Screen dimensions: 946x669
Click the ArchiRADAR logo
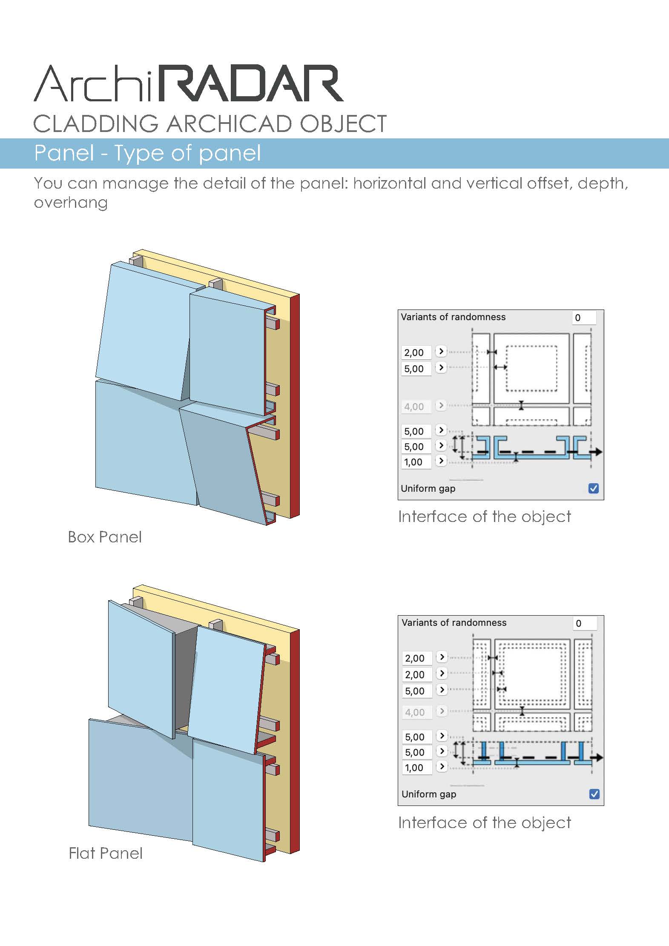188,84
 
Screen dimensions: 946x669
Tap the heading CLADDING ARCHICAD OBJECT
210,124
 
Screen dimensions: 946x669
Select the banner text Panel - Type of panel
147,153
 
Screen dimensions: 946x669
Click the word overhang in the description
71,203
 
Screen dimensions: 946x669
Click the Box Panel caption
105,537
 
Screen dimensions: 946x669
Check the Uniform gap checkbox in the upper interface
594,488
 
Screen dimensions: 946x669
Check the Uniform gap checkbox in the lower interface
594,794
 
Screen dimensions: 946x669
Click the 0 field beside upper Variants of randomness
583,318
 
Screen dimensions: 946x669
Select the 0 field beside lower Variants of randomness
584,623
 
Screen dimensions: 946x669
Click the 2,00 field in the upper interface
416,353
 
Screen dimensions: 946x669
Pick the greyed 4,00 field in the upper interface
416,407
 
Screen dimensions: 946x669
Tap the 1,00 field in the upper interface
416,462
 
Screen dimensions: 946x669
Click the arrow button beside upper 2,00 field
441,352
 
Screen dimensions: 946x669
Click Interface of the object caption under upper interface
484,517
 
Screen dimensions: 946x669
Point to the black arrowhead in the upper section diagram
598,452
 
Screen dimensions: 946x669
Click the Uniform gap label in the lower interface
429,794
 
